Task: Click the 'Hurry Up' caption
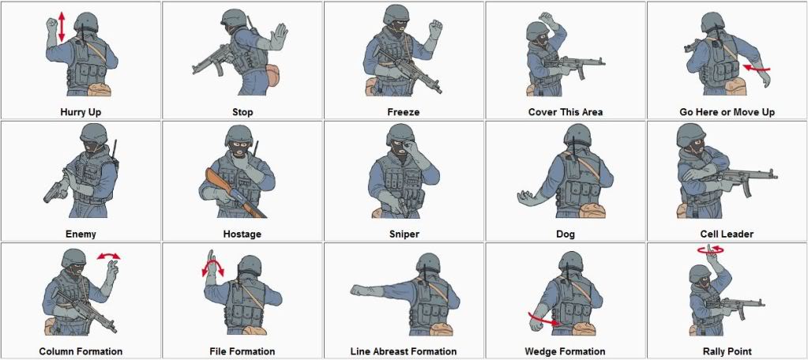tap(81, 112)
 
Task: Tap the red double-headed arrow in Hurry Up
tap(62, 28)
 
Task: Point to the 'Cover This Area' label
tap(565, 112)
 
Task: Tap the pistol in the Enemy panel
tap(56, 189)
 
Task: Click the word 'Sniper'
tap(404, 234)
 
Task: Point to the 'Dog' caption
tap(565, 234)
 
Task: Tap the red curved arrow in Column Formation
tap(109, 256)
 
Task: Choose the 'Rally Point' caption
tap(727, 351)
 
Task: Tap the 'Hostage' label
tap(242, 234)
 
